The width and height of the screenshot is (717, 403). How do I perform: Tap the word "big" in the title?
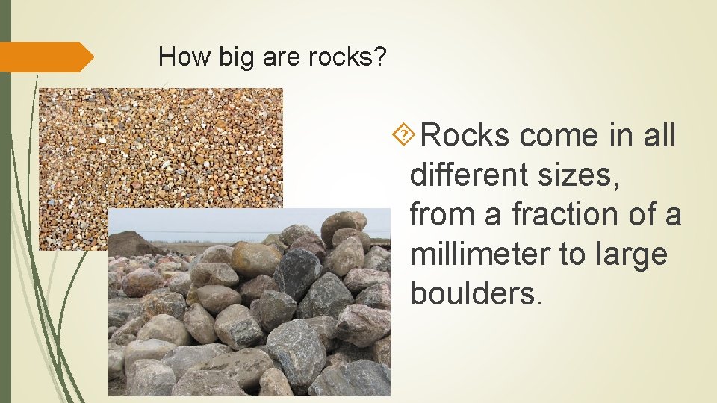coord(237,57)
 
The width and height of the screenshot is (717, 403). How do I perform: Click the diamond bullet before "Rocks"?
coord(403,135)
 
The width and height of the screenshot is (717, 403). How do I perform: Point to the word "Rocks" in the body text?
coord(465,136)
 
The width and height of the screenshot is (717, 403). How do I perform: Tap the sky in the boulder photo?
coord(224,222)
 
